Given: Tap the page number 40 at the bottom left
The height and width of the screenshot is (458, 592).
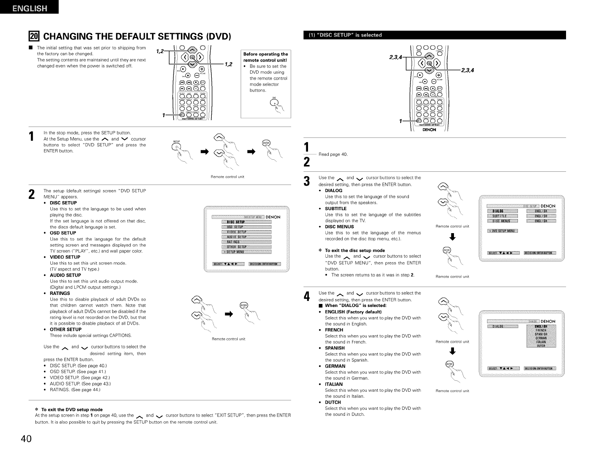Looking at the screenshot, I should click(24, 440).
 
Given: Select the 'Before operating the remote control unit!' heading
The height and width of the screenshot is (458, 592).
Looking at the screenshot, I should click(266, 57).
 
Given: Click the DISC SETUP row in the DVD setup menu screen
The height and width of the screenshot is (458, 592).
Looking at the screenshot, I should click(246, 222).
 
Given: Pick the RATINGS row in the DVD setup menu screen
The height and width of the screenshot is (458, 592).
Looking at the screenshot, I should click(246, 242).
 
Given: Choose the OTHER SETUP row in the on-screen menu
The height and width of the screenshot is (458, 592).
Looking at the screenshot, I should click(246, 247).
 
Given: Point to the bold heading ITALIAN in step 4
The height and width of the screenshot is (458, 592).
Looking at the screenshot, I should click(334, 384).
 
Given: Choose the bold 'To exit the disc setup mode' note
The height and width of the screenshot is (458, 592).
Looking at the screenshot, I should click(355, 250).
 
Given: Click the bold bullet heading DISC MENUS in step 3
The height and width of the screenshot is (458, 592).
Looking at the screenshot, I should click(339, 227).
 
